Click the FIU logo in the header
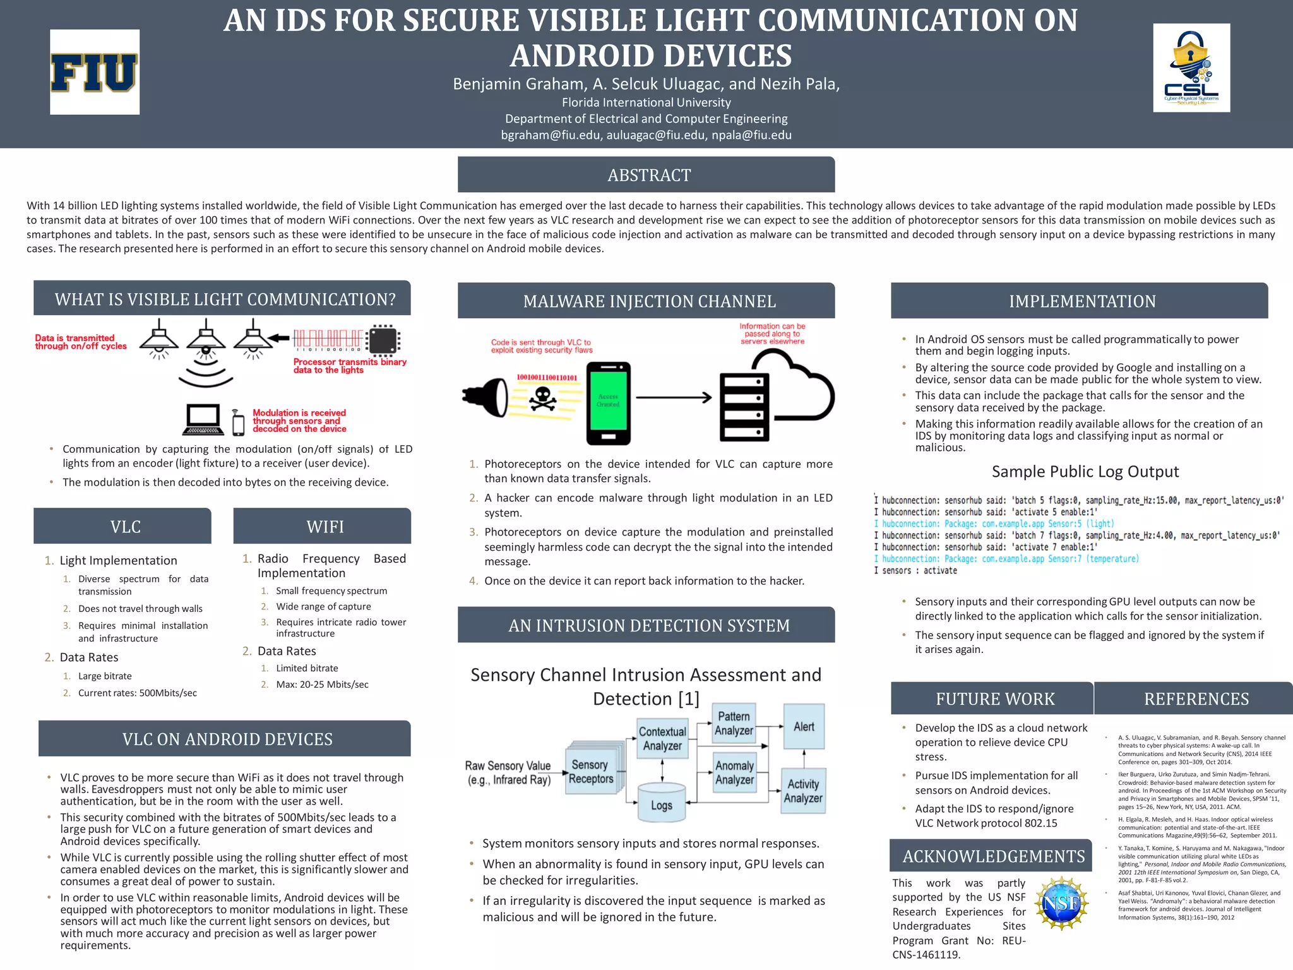click(x=95, y=72)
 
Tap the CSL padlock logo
click(x=1191, y=68)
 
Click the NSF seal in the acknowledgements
click(x=1062, y=903)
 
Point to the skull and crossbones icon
click(x=542, y=398)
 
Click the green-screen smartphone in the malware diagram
click(x=608, y=403)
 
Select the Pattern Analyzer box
click(x=734, y=724)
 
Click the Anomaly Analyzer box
click(x=734, y=772)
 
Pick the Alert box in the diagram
click(x=804, y=727)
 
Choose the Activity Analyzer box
click(x=802, y=791)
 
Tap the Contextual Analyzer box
click(x=662, y=739)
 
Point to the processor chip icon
click(x=384, y=340)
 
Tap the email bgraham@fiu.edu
click(x=551, y=135)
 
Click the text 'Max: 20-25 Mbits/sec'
click(x=322, y=685)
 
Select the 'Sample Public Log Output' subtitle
click(x=1085, y=472)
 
